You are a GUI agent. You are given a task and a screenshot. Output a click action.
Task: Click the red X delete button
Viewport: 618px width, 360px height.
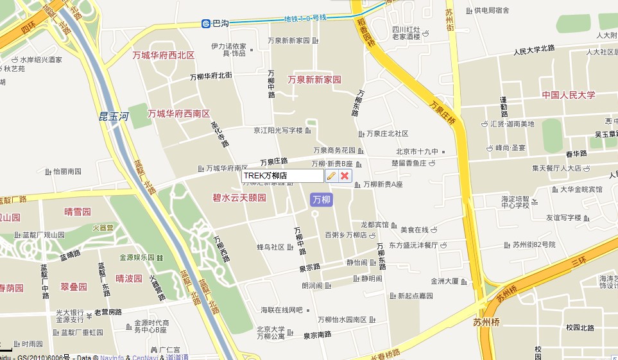pos(345,176)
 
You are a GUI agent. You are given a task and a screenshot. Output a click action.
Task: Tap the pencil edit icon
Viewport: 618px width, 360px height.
pos(331,176)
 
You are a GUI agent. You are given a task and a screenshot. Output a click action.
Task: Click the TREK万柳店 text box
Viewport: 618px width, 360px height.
pos(282,176)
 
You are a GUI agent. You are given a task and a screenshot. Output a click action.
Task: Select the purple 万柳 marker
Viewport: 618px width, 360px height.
pos(321,200)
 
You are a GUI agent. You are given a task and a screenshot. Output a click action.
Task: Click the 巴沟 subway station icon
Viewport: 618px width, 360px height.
pos(206,24)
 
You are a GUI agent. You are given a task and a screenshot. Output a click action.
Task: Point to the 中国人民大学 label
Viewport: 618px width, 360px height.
pos(568,95)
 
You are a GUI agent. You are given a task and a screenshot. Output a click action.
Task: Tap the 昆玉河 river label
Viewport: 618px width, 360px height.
pos(114,116)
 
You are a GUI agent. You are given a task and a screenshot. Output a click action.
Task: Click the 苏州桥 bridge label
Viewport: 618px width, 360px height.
pos(486,322)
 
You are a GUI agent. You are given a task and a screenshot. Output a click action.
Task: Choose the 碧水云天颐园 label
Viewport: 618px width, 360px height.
pos(239,198)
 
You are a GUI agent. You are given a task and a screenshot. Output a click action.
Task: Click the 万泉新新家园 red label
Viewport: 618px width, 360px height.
pos(314,80)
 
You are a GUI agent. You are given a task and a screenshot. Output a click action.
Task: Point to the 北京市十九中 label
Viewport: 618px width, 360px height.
pos(417,152)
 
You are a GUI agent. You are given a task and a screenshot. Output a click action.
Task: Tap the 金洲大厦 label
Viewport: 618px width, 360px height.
pos(445,281)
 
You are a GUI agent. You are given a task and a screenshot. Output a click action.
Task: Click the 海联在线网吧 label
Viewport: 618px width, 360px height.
pos(281,311)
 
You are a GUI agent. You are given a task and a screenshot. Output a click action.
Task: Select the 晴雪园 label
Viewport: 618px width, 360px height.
pos(78,212)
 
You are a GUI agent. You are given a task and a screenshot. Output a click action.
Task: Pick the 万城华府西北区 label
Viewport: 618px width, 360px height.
pos(163,55)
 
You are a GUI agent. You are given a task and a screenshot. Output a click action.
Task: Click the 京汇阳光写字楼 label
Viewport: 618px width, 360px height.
pos(278,130)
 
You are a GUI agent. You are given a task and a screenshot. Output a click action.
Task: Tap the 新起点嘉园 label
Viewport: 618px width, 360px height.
pos(416,296)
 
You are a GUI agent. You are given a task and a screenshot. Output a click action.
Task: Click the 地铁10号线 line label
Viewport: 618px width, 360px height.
pos(305,18)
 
